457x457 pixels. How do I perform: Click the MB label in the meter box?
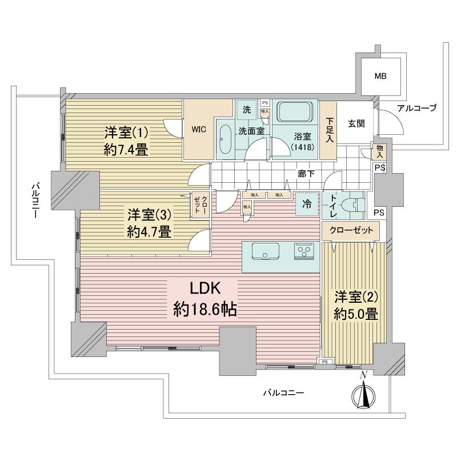(x=379, y=75)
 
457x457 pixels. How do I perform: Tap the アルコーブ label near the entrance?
(x=416, y=109)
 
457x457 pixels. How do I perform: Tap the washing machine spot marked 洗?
(x=247, y=110)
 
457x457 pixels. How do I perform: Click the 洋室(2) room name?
(x=356, y=298)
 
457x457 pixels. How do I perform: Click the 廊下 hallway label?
(x=305, y=173)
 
